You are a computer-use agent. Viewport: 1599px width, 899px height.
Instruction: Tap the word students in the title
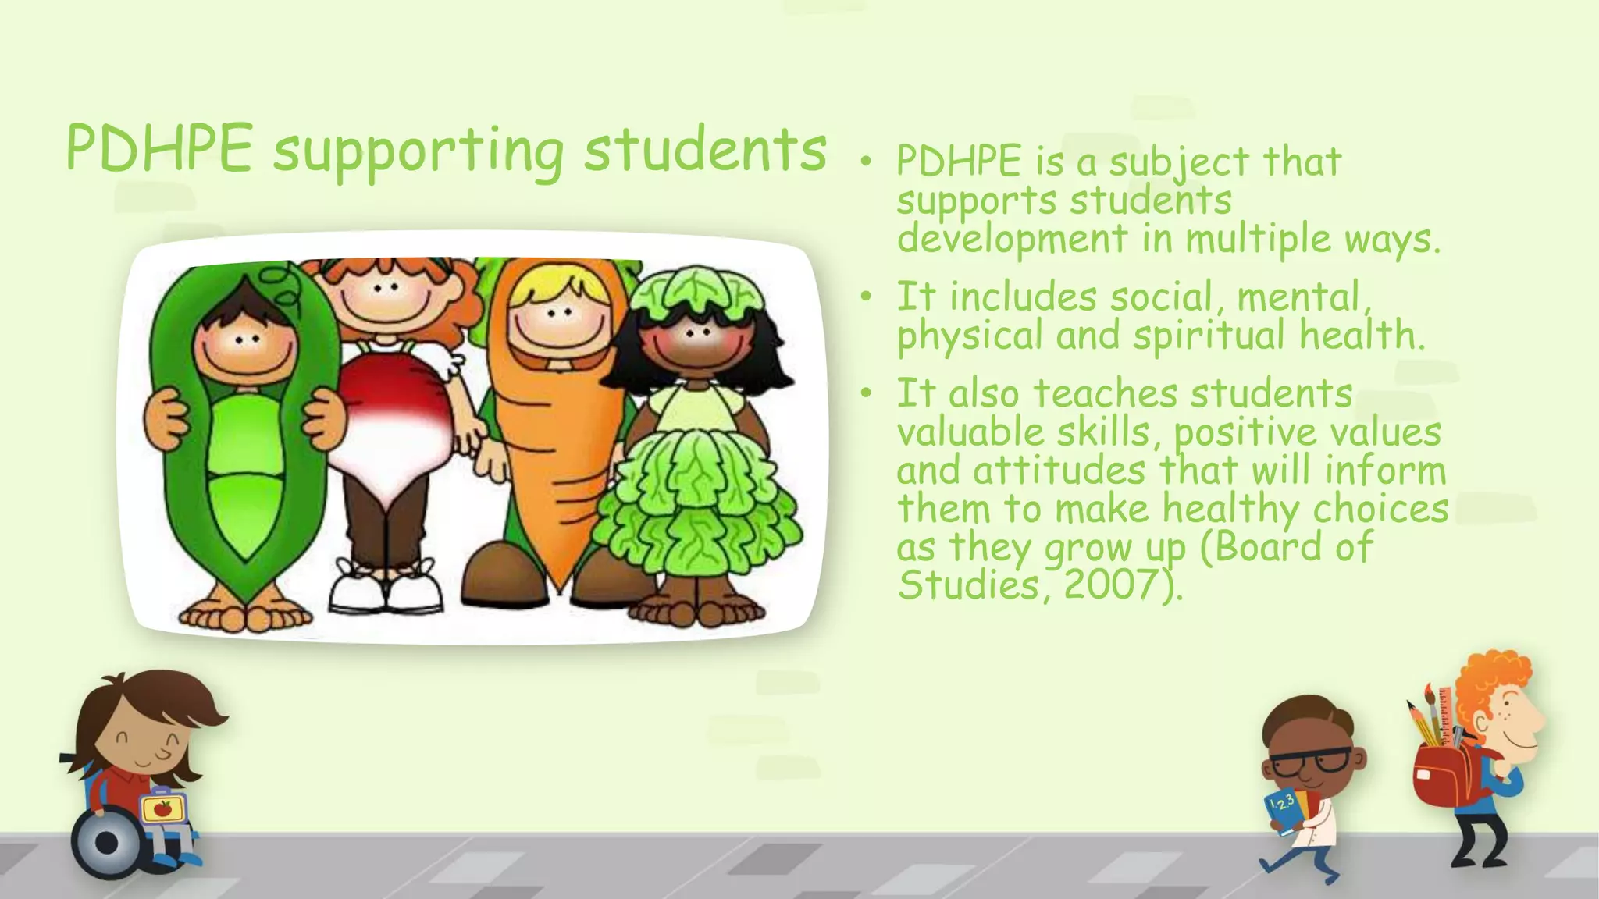(x=705, y=150)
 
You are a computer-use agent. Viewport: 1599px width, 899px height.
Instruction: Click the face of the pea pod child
(x=245, y=344)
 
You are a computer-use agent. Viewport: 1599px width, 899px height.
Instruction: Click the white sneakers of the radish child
(x=384, y=589)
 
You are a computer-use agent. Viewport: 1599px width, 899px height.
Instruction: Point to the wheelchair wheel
(x=107, y=843)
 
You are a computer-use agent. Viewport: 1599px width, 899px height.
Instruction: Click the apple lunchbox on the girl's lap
(x=163, y=809)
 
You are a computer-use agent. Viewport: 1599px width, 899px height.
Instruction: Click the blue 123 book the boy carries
(x=1285, y=812)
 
